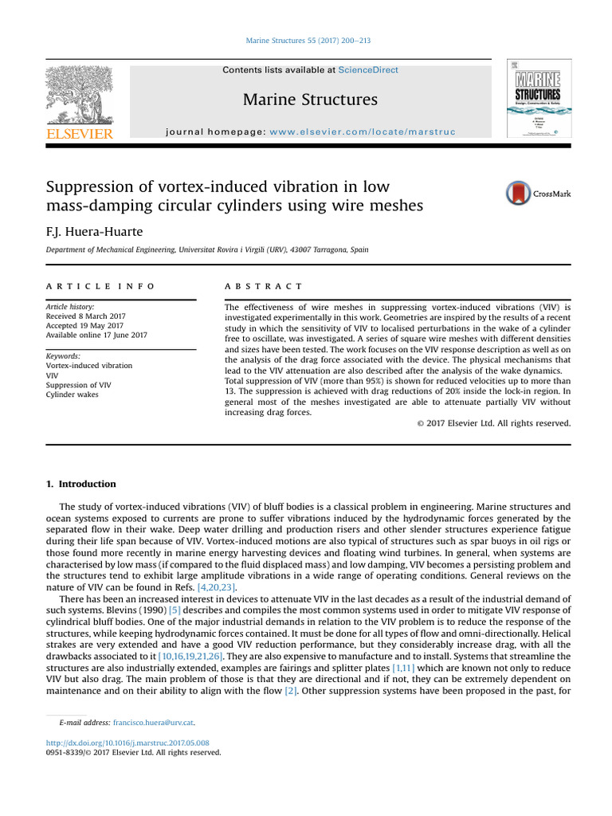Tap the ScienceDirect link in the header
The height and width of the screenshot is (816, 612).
368,70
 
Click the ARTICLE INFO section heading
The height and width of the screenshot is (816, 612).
100,286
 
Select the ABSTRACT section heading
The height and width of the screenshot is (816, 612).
263,286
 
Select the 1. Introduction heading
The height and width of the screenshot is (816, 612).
80,484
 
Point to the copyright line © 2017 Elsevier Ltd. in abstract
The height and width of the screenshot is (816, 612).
493,423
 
